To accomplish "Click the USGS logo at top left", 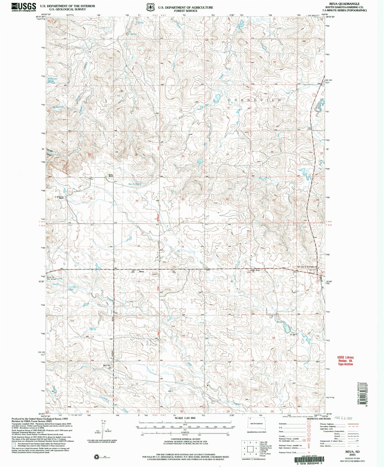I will point(24,7).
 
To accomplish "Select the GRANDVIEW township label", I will point(255,100).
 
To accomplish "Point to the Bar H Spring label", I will point(135,184).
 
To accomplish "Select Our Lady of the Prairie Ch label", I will point(307,267).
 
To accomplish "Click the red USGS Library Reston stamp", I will point(345,360).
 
